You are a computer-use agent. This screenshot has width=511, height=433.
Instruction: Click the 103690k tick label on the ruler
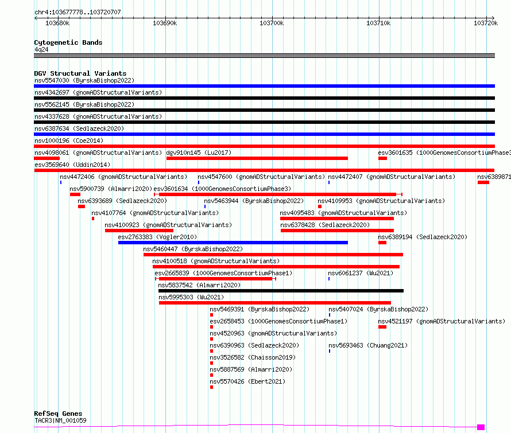pos(165,23)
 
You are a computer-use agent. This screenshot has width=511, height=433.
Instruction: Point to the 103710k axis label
pos(378,23)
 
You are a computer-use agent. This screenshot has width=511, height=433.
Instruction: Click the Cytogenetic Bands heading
pos(68,42)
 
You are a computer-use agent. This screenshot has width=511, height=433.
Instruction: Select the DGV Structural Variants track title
pos(80,73)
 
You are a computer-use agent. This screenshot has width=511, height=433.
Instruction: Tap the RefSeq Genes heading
pos(58,414)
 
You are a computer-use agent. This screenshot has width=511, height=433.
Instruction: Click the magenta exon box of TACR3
pos(481,427)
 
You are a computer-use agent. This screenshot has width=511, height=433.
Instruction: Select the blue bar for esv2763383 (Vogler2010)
pos(233,243)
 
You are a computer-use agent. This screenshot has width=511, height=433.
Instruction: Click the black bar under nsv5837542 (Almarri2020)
pos(281,291)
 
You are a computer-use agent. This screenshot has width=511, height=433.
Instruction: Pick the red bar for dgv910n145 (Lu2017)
pos(257,158)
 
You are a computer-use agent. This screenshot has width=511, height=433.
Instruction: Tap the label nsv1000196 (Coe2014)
pos(69,141)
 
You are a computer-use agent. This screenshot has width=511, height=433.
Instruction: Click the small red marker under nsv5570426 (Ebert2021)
pos(211,387)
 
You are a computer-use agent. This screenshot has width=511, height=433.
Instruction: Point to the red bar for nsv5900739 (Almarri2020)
pos(75,194)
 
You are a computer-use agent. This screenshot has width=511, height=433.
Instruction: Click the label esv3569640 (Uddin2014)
pos(72,165)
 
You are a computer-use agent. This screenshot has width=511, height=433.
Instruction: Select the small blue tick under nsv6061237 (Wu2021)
pos(329,279)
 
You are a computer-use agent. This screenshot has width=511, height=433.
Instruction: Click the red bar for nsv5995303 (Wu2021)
pos(274,303)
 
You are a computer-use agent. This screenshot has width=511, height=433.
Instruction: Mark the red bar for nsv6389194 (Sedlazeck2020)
pos(382,243)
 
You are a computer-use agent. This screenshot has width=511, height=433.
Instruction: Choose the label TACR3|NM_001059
pos(60,420)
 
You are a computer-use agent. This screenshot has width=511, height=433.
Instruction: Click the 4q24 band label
pos(41,49)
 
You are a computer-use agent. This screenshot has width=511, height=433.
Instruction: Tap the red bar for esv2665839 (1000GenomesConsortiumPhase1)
pos(215,279)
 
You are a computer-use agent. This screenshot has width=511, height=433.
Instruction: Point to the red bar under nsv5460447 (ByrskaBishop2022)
pos(273,255)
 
